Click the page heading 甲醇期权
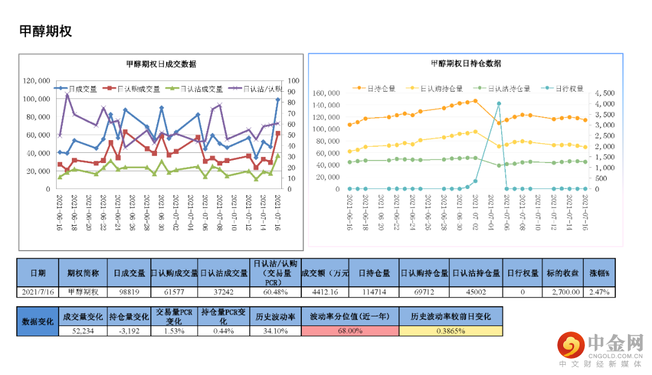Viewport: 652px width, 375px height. (x=46, y=31)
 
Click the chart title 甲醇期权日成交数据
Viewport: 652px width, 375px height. (x=161, y=65)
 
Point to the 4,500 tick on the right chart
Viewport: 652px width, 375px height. (x=604, y=93)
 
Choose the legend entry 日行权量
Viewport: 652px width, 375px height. (x=568, y=88)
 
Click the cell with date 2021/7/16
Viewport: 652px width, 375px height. (x=37, y=292)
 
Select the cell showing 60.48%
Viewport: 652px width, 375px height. (x=275, y=292)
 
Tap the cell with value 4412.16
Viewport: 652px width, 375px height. (x=325, y=292)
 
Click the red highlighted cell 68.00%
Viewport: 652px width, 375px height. (x=350, y=331)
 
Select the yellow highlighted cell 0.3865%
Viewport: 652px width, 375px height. (x=450, y=331)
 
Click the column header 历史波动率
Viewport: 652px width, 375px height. (x=275, y=316)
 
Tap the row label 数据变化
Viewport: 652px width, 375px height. (x=37, y=321)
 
